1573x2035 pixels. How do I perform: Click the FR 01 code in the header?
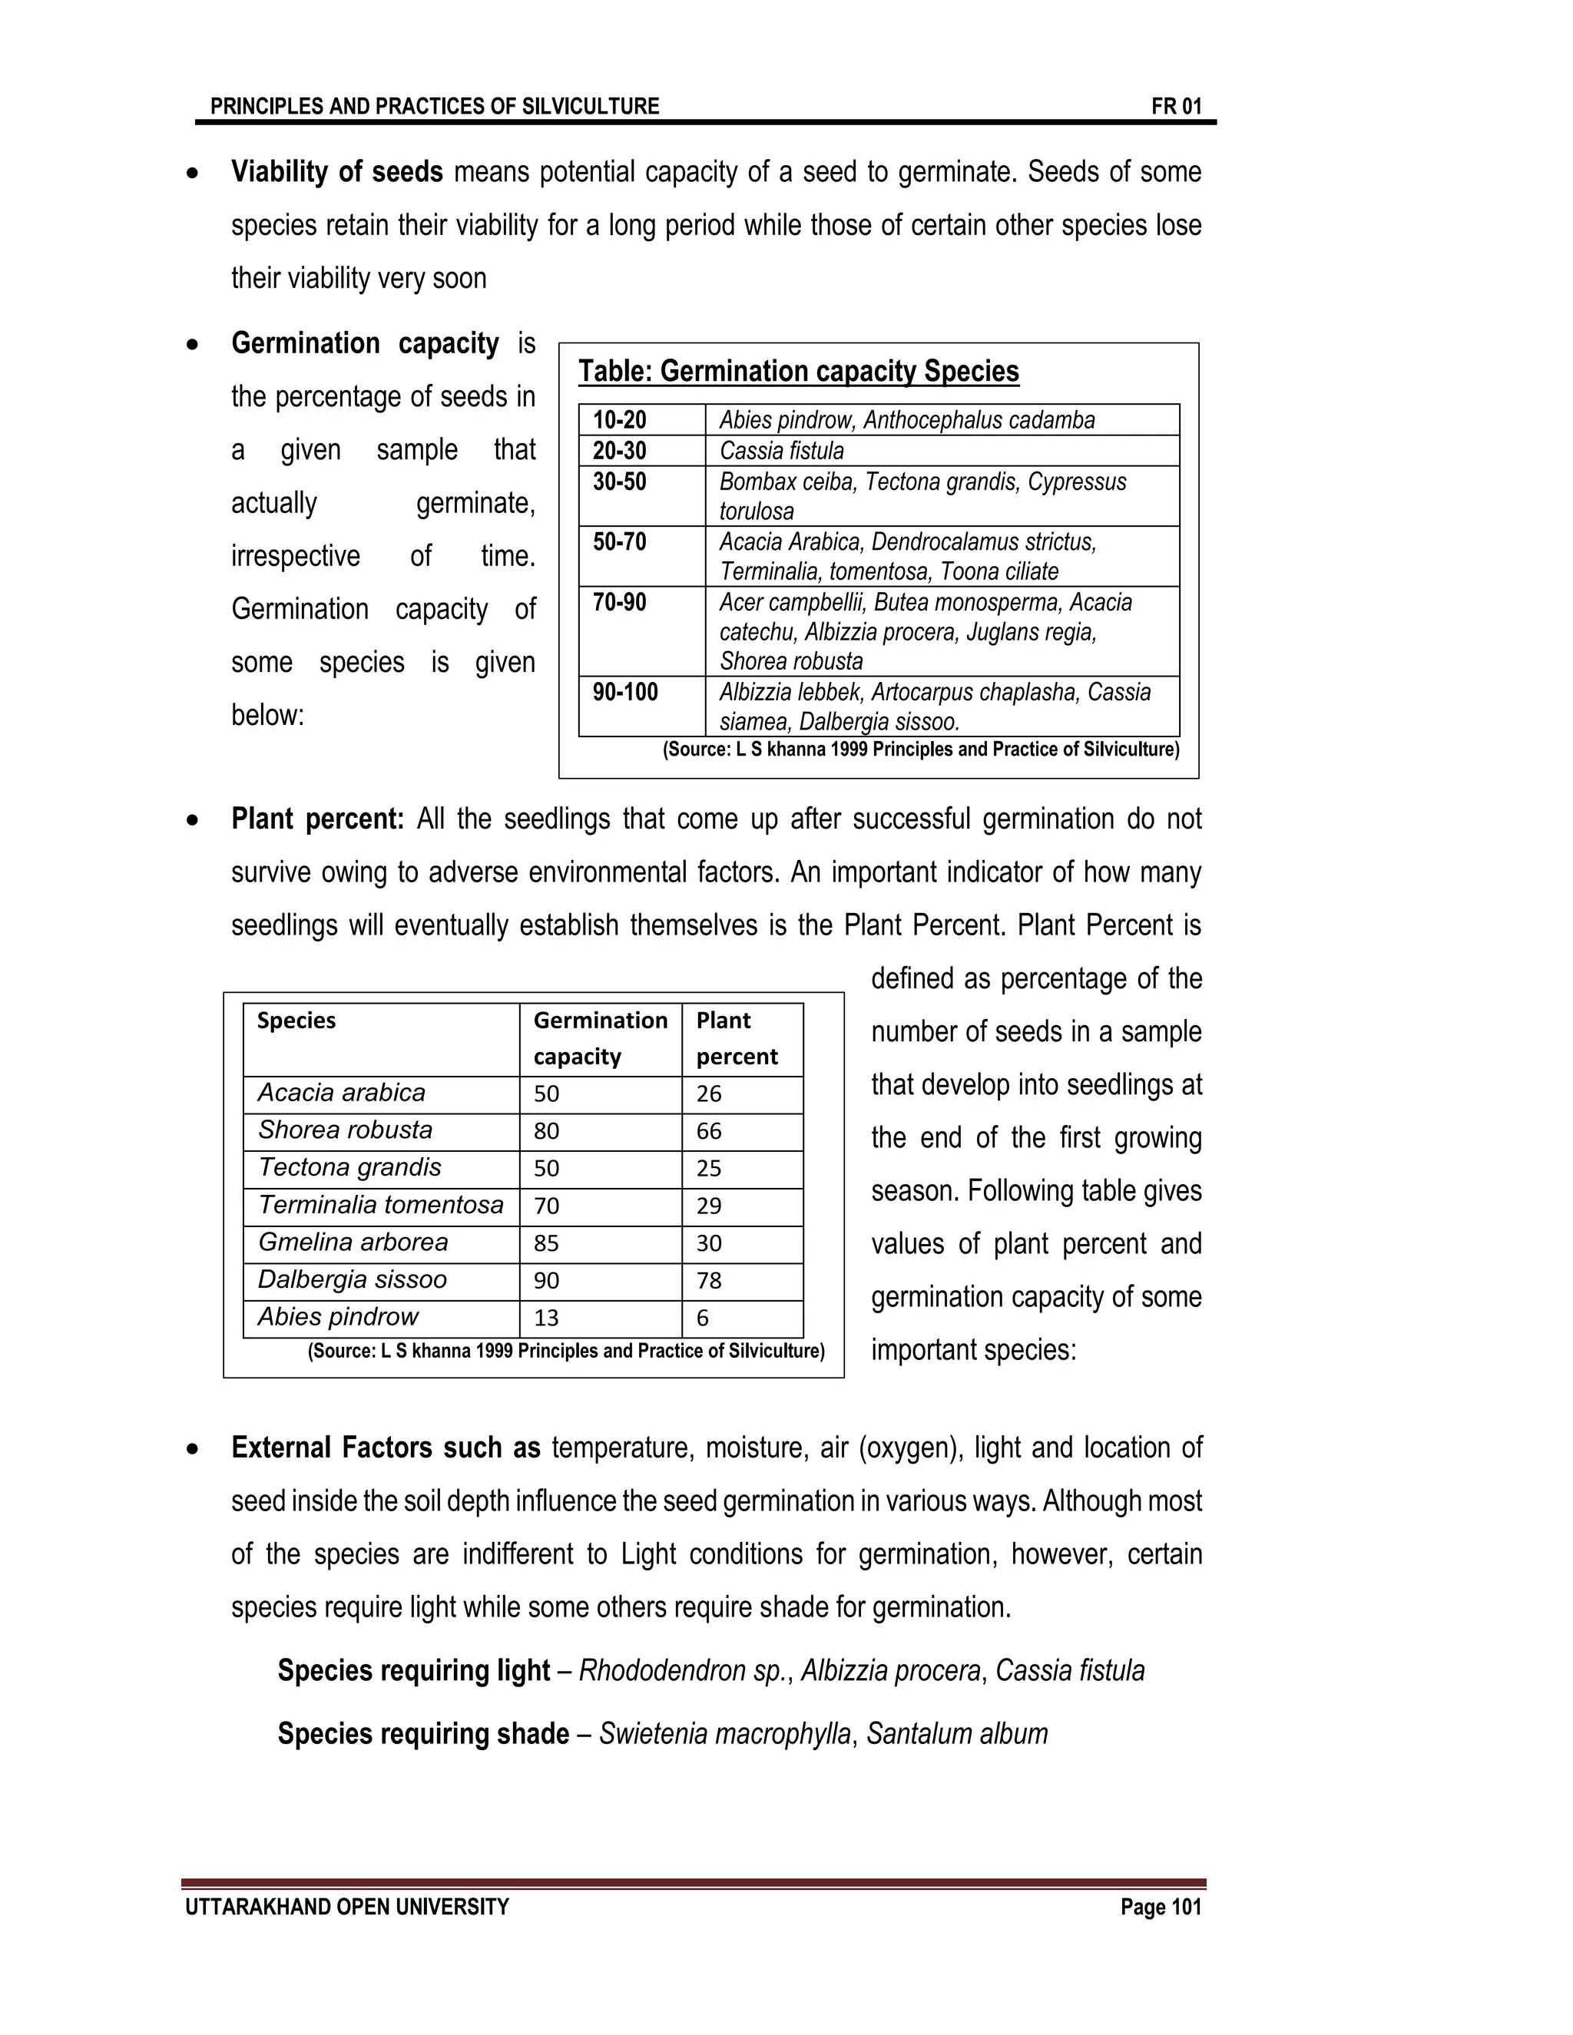point(1176,106)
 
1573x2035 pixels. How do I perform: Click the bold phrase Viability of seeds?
point(336,172)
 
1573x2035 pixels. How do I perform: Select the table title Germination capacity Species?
point(799,371)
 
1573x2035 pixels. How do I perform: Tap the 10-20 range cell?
point(620,420)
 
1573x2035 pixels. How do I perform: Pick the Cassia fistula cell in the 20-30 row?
point(782,451)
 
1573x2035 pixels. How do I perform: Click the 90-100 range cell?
point(625,693)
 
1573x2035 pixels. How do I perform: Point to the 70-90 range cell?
point(620,602)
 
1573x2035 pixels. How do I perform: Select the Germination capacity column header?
point(600,1038)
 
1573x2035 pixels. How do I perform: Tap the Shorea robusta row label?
point(345,1130)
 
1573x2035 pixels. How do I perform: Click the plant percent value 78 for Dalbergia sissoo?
point(709,1280)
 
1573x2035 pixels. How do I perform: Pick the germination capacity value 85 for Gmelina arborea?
point(546,1243)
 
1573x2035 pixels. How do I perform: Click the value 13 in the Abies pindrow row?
point(546,1318)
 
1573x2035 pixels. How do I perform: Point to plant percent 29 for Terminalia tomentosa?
point(709,1206)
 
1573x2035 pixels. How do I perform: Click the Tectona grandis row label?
point(349,1167)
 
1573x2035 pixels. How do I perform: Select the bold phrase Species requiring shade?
point(423,1734)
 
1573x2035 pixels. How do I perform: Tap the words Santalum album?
point(957,1734)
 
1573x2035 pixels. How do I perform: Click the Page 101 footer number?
point(1161,1908)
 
